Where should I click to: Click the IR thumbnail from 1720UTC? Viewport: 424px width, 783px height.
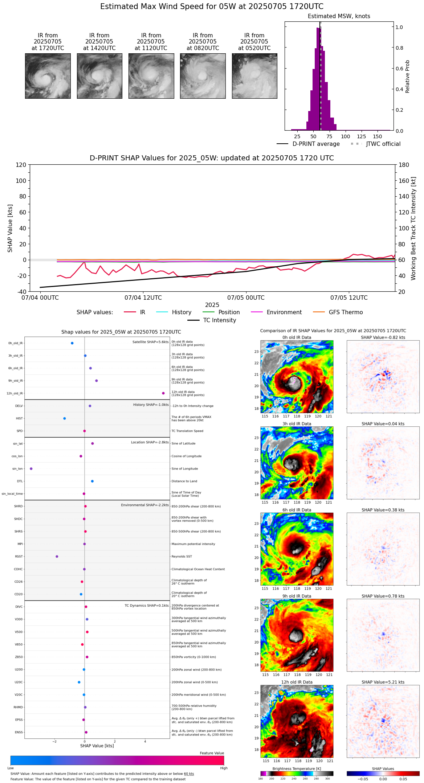click(x=48, y=76)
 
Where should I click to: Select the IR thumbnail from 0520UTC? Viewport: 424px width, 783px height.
click(x=254, y=76)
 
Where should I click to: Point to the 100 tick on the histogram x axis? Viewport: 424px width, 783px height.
click(x=345, y=136)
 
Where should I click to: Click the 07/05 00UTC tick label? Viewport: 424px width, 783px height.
click(x=246, y=298)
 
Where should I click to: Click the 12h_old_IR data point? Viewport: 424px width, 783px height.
click(x=163, y=393)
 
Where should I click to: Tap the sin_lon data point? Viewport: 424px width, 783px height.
click(x=31, y=469)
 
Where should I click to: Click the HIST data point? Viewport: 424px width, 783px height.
click(x=65, y=418)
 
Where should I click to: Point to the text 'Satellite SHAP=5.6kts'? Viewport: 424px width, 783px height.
click(x=150, y=342)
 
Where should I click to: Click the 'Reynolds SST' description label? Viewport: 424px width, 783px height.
click(x=182, y=557)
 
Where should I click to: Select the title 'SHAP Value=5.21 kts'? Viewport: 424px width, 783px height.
click(x=383, y=682)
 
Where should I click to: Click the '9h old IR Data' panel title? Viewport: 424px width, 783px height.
click(x=297, y=596)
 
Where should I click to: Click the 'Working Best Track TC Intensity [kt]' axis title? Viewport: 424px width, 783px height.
click(x=413, y=229)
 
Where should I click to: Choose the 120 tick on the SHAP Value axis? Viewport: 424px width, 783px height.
click(x=21, y=165)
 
